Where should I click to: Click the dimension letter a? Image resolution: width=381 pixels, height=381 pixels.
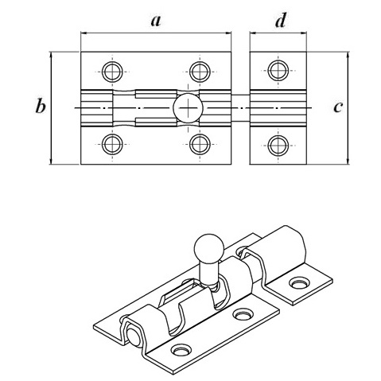(156, 21)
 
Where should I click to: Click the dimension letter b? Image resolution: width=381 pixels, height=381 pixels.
(41, 107)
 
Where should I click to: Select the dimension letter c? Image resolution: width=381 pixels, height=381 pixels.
(338, 107)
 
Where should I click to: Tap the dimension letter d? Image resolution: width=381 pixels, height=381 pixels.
(281, 20)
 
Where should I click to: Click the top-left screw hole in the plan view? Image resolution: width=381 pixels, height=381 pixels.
(112, 72)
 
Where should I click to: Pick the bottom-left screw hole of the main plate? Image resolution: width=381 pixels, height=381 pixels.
(112, 144)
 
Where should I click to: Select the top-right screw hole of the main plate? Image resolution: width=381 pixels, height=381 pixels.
(200, 72)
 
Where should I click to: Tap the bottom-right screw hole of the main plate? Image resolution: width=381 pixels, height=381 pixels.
(200, 144)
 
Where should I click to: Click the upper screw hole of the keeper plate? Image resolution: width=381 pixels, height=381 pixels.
(278, 71)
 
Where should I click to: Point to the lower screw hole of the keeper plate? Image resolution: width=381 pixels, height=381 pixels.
(278, 146)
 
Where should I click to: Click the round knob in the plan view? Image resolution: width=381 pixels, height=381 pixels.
(188, 108)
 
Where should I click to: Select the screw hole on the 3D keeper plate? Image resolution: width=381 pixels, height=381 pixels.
(300, 282)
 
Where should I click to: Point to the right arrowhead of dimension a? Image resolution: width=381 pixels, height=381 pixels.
(228, 33)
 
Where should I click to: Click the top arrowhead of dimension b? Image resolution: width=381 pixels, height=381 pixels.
(50, 56)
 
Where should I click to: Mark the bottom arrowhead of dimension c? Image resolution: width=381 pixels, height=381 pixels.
(348, 161)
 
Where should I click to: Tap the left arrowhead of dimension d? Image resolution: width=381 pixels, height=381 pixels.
(253, 33)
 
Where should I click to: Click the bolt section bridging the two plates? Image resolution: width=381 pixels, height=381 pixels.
(240, 108)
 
